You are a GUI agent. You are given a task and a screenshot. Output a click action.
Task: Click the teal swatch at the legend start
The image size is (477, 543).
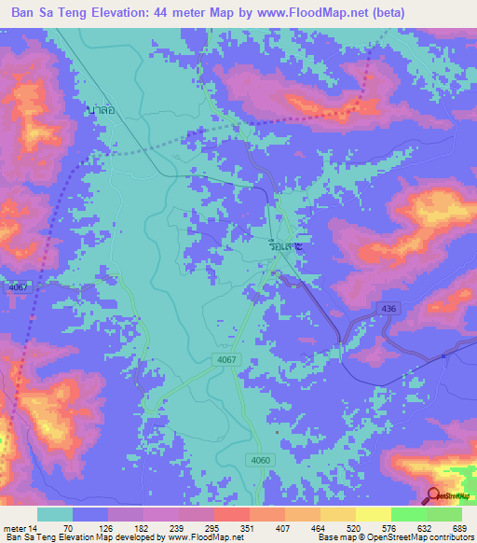[55, 514]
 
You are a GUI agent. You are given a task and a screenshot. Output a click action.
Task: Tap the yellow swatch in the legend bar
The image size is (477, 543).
[374, 514]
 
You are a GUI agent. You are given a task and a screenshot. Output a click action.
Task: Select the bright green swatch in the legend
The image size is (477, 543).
[409, 514]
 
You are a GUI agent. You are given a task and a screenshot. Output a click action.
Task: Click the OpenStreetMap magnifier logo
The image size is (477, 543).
[435, 495]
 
